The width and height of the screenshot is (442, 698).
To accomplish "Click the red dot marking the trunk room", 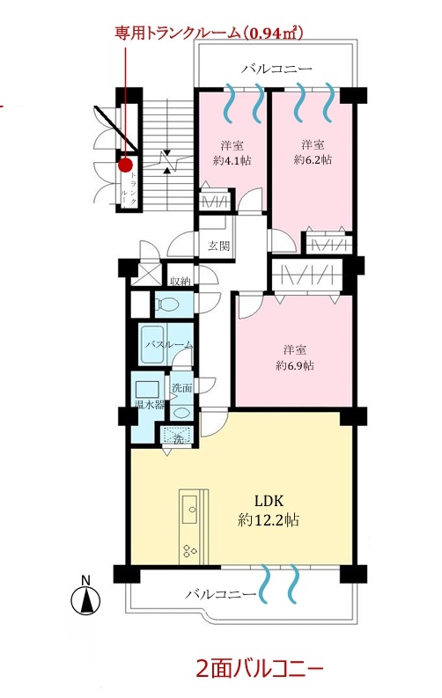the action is click(126, 165).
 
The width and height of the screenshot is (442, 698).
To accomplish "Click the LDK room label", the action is click(269, 501).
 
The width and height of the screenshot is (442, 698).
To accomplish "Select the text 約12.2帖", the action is click(268, 519).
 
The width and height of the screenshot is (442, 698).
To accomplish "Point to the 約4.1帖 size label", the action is click(232, 160).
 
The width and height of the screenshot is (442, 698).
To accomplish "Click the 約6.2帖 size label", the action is click(313, 159).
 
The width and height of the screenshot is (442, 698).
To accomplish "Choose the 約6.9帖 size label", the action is click(295, 365).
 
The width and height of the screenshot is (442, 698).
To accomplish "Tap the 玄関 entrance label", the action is click(218, 246).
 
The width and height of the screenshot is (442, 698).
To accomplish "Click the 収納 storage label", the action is click(180, 282).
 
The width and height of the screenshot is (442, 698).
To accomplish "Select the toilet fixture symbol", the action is click(167, 305).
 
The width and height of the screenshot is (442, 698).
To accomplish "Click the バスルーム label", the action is click(169, 344).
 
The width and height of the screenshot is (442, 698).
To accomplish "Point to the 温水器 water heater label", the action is click(150, 405).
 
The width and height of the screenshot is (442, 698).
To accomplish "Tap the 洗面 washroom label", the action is click(182, 387).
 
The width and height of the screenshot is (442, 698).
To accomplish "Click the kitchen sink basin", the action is click(190, 508).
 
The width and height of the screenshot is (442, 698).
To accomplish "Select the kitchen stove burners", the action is click(189, 551).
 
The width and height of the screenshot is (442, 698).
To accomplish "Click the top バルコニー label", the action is click(276, 69).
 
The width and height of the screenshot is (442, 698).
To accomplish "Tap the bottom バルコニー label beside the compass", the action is click(221, 594).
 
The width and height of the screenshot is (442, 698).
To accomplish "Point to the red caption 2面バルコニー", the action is click(260, 668).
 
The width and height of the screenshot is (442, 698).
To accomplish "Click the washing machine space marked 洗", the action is click(178, 436).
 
